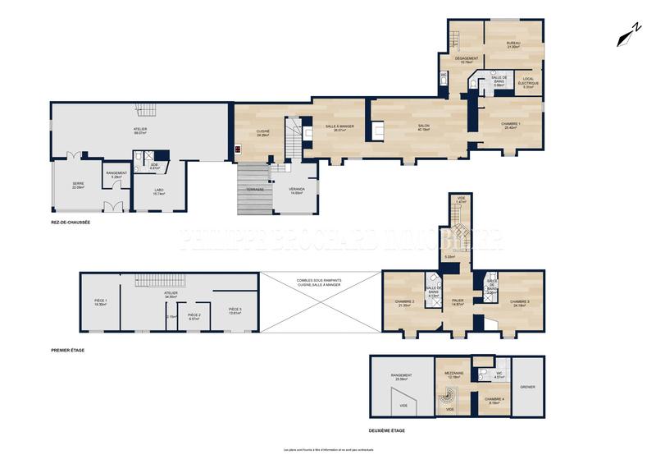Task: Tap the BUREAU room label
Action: (513, 44)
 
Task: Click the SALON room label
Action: (424, 126)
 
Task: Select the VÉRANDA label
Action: (297, 189)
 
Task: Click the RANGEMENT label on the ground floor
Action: (116, 173)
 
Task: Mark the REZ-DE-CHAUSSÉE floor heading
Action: (70, 222)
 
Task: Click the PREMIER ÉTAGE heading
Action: (67, 350)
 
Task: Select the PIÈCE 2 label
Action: (194, 315)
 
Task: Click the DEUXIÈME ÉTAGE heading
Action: (386, 430)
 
